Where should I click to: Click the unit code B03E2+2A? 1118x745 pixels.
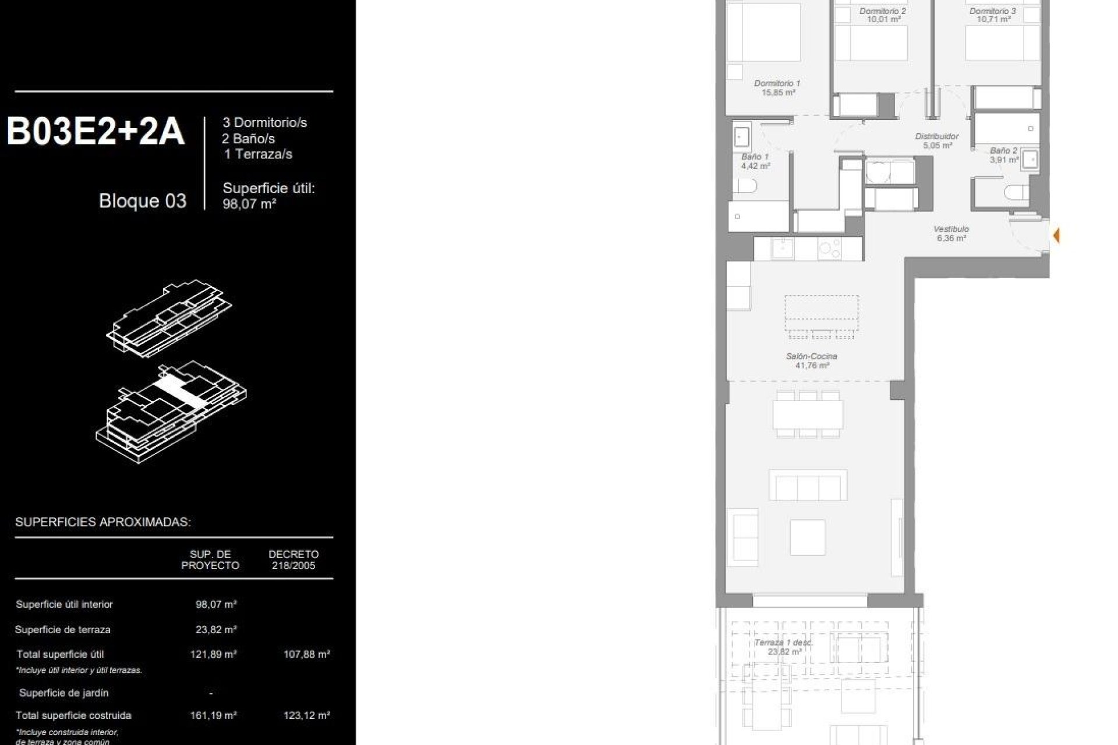pyautogui.click(x=96, y=132)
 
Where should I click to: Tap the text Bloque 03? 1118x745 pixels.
pyautogui.click(x=143, y=201)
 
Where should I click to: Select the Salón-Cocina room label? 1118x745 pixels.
pyautogui.click(x=812, y=360)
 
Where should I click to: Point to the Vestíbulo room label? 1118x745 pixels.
pyautogui.click(x=951, y=233)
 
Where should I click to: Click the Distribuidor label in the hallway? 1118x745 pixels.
pyautogui.click(x=937, y=141)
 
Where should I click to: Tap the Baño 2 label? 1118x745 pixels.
pyautogui.click(x=1003, y=154)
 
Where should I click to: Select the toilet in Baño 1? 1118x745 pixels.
pyautogui.click(x=745, y=186)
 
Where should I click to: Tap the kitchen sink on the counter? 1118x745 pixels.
pyautogui.click(x=783, y=249)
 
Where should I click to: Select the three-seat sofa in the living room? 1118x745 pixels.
pyautogui.click(x=808, y=485)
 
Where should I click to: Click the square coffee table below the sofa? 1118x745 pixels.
pyautogui.click(x=808, y=537)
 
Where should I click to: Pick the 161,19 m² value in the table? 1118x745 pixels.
pyautogui.click(x=213, y=715)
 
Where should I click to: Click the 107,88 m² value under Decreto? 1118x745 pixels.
pyautogui.click(x=307, y=654)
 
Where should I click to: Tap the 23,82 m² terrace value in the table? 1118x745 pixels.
pyautogui.click(x=215, y=630)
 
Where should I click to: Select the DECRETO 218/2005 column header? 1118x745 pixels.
pyautogui.click(x=294, y=560)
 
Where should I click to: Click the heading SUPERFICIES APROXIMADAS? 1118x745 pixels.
pyautogui.click(x=103, y=522)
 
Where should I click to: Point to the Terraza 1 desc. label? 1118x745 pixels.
pyautogui.click(x=783, y=647)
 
